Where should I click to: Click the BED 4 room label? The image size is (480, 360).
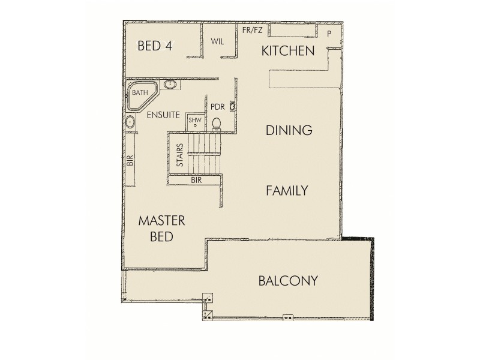tap(155, 46)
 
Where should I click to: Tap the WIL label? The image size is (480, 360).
tap(217, 41)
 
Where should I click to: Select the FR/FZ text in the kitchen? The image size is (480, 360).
tap(253, 30)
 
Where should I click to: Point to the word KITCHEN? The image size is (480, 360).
tap(288, 51)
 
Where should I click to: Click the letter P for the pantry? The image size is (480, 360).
tap(329, 34)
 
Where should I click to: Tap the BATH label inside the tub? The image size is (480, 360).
tap(140, 92)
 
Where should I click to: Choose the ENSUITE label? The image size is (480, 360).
tap(163, 114)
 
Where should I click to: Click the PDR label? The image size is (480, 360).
tap(217, 107)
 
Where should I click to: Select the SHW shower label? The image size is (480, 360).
tap(195, 120)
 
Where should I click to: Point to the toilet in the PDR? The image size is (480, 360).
tap(217, 124)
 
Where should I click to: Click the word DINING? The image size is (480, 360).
tap(289, 130)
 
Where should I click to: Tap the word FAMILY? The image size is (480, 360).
tap(287, 191)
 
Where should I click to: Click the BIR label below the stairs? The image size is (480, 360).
tap(196, 179)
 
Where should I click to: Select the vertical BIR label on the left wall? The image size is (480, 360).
tap(129, 161)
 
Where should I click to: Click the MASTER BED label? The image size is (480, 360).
tap(161, 229)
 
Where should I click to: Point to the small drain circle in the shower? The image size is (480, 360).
tap(195, 125)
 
